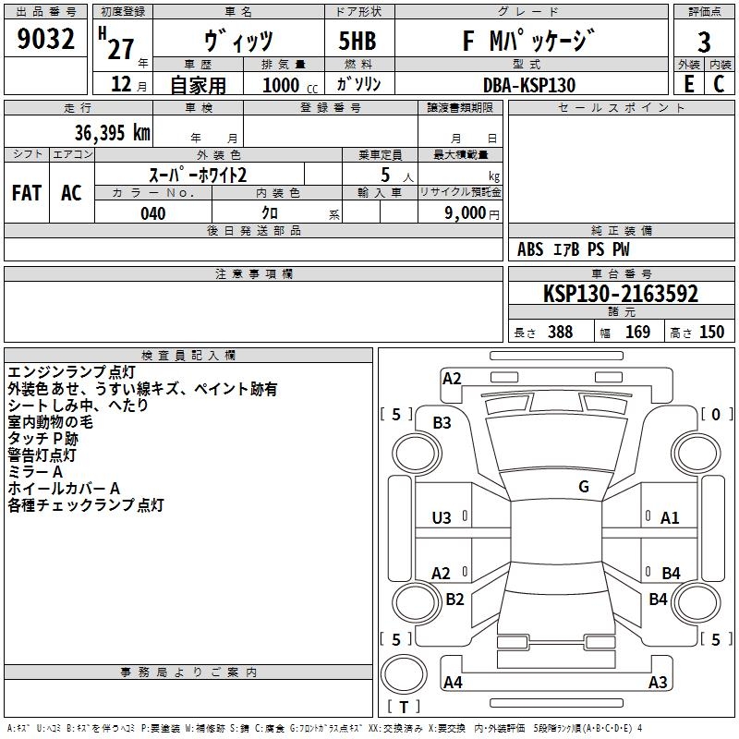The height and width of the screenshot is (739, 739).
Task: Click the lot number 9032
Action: click(45, 39)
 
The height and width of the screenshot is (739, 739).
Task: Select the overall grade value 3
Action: click(704, 42)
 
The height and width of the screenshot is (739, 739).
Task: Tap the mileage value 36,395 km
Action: click(112, 133)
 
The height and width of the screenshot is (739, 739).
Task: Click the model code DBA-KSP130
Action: click(528, 85)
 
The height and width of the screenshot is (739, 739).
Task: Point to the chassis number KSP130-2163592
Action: click(621, 294)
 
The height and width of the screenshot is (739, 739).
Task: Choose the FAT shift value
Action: click(27, 193)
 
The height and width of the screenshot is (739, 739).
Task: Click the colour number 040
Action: click(152, 213)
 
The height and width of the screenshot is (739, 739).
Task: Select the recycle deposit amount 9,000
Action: click(466, 213)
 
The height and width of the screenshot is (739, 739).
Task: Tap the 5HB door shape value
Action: click(357, 41)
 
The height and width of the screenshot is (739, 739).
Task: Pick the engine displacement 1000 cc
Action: click(290, 85)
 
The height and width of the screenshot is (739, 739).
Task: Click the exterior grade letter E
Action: click(689, 84)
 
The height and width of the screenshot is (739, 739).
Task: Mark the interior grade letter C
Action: click(719, 84)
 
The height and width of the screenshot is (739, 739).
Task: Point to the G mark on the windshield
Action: click(584, 486)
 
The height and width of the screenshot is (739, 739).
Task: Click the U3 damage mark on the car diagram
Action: click(442, 518)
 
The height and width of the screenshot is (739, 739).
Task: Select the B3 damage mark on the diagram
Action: click(442, 423)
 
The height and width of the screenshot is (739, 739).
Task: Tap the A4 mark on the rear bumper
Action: click(453, 682)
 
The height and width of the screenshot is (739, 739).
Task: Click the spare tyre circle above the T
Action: click(404, 674)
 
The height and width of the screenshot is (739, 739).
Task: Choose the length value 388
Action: click(560, 332)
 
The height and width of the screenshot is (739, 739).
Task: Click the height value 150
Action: click(711, 332)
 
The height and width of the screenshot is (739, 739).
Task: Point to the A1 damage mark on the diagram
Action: click(670, 518)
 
